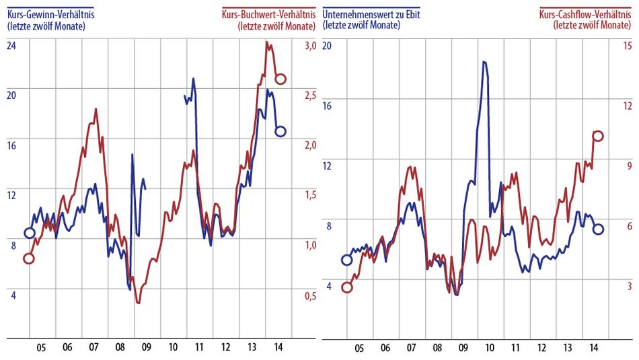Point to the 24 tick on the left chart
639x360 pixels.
coord(11,46)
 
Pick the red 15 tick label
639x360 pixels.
coord(627,46)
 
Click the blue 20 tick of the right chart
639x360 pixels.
coord(328,46)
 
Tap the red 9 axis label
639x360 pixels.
coord(629,166)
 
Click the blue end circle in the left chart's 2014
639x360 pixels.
coord(280,131)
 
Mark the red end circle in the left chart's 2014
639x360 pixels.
coord(280,79)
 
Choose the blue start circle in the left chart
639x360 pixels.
coord(29,233)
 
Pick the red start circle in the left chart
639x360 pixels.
coord(28,258)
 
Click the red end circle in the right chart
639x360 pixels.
coord(597,136)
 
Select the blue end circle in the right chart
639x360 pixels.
coord(597,229)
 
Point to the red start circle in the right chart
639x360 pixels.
coord(347,288)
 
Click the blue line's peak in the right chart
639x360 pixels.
coord(484,62)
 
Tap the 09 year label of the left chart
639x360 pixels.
coord(146,349)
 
